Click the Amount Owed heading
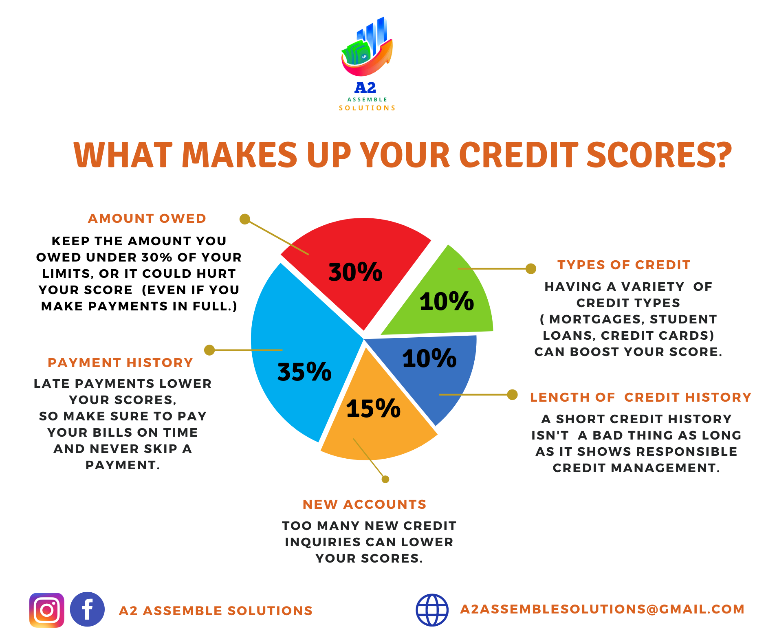(147, 218)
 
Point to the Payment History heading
(120, 363)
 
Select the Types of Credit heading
(624, 265)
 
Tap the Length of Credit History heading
(641, 397)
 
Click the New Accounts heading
(364, 504)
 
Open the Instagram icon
(47, 610)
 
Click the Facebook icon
(87, 609)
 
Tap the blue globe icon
(432, 610)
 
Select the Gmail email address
(602, 609)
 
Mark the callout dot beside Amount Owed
(244, 219)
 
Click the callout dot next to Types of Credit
(530, 269)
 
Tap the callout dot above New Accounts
(385, 479)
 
